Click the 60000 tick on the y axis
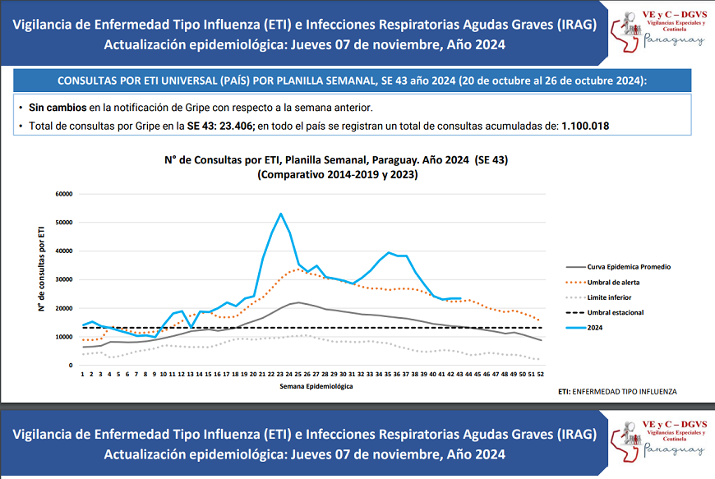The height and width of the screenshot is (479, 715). [x=64, y=194]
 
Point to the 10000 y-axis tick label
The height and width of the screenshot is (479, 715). [x=64, y=337]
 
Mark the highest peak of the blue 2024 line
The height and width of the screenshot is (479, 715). [x=281, y=214]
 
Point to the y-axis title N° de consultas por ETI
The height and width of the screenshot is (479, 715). [x=39, y=270]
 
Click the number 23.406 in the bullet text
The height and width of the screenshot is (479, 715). [x=236, y=126]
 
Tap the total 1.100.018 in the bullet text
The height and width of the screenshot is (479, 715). [x=584, y=126]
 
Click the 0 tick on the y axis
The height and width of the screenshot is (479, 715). [x=71, y=366]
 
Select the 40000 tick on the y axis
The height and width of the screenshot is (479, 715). [x=64, y=251]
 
